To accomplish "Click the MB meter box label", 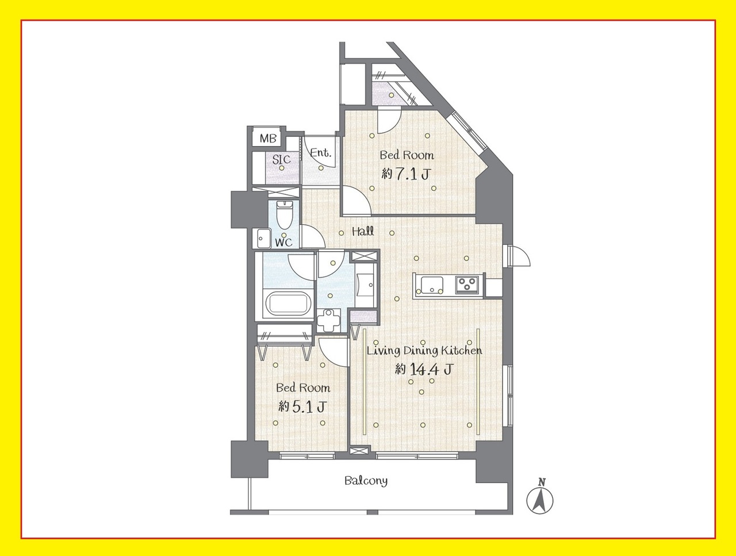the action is tap(267, 138).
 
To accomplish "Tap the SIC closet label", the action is tap(281, 159).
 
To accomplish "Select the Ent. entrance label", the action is tap(320, 153).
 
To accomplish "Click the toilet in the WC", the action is tap(284, 214).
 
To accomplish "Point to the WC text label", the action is tap(283, 242).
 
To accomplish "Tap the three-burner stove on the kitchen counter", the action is tap(467, 284).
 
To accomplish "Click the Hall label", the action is tap(363, 231).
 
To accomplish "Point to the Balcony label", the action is tap(366, 481).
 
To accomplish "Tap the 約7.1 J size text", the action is tap(406, 174).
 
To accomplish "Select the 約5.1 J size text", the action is tap(302, 407).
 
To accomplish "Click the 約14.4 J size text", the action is tap(424, 369).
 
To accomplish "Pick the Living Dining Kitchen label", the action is tap(424, 351).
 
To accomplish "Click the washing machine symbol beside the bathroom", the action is tap(328, 320).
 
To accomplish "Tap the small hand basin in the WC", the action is tap(263, 238).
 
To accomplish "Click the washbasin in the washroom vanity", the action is tap(365, 285).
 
